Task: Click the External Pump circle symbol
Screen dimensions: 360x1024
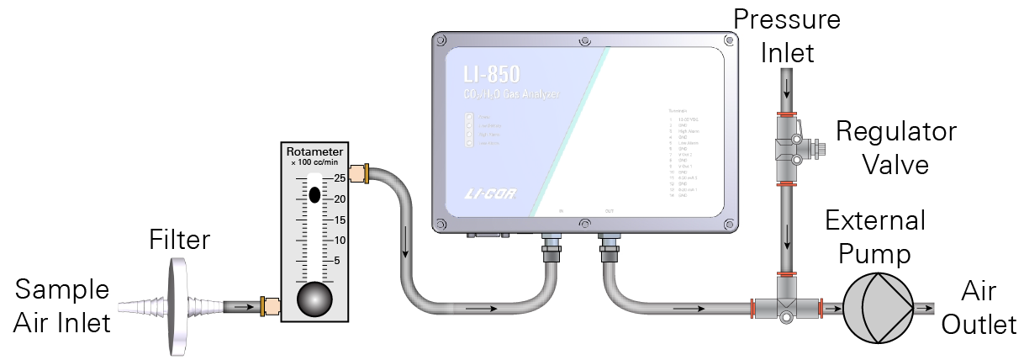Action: click(x=877, y=308)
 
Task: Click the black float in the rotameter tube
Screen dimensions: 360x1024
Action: click(x=314, y=194)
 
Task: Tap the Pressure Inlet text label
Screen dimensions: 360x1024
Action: click(x=787, y=35)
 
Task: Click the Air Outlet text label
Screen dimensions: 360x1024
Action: click(x=979, y=309)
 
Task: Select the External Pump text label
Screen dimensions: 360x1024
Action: click(x=874, y=237)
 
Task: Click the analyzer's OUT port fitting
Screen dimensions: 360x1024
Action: click(x=609, y=246)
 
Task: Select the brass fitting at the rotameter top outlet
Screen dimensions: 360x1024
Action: click(x=356, y=175)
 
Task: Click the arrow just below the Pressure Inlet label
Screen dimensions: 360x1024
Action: click(x=788, y=87)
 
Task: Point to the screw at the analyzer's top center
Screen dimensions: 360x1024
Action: click(x=583, y=40)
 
